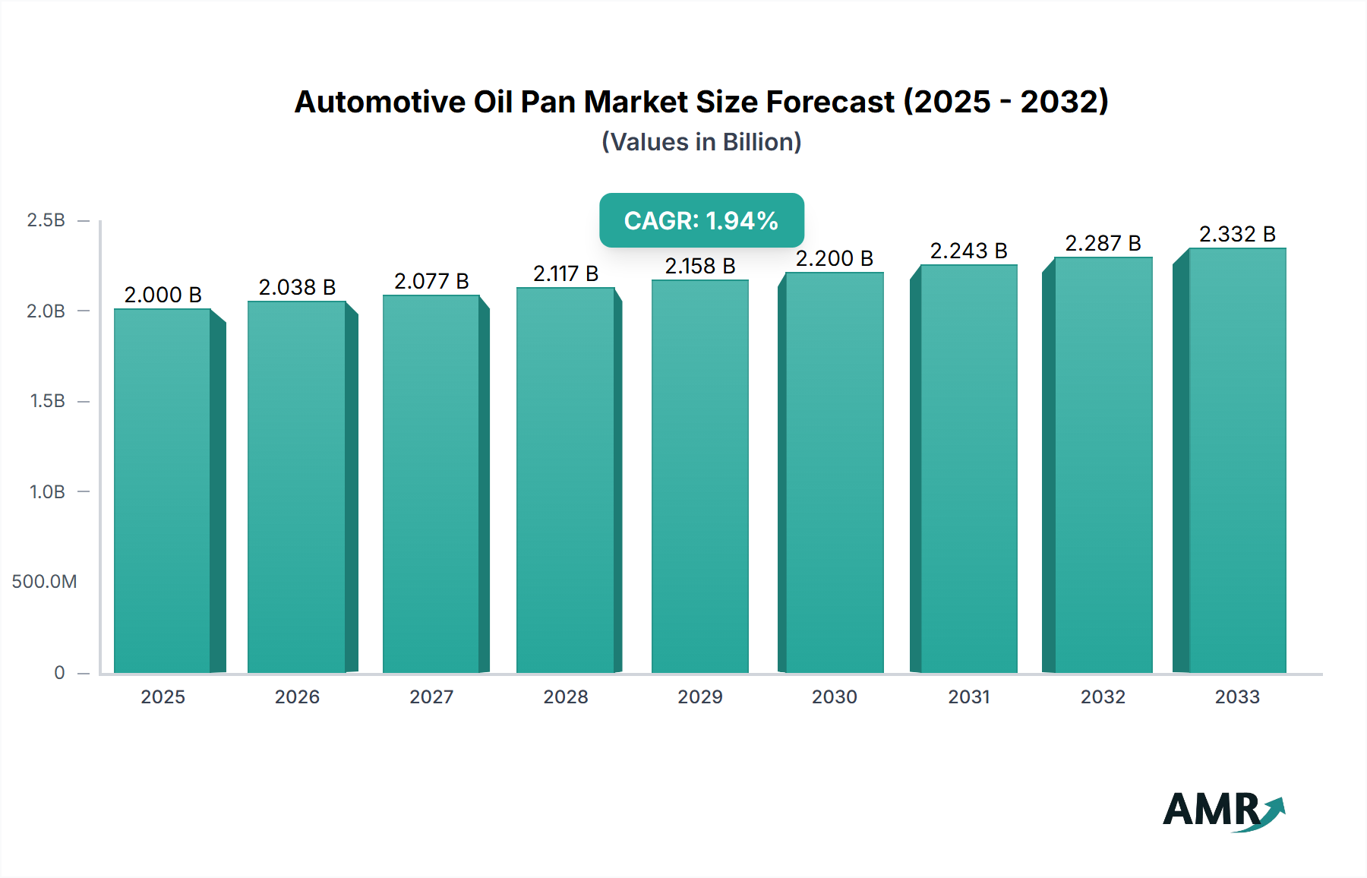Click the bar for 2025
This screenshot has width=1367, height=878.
[x=163, y=491]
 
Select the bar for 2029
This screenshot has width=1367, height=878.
[x=699, y=476]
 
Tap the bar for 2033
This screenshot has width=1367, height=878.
[x=1237, y=460]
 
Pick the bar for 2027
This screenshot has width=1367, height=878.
[x=431, y=484]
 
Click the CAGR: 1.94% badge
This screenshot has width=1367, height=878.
[x=701, y=220]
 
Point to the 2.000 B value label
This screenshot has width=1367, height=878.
[x=163, y=295]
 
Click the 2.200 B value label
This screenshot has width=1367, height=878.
[x=834, y=258]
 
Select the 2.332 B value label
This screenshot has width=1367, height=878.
[x=1237, y=234]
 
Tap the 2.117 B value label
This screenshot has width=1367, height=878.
[x=565, y=273]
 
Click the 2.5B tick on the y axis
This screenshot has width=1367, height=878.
[x=46, y=220]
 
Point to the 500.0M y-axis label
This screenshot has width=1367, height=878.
[x=44, y=582]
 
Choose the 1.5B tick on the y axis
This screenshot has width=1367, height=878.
[x=47, y=401]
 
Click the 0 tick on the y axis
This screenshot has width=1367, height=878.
[x=59, y=672]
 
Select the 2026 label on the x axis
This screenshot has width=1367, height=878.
[x=297, y=696]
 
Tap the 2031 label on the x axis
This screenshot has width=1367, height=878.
[x=968, y=696]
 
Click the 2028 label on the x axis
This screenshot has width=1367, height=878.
[x=565, y=696]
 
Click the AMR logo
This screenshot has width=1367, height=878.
[x=1223, y=810]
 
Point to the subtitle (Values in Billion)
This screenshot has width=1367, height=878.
[x=701, y=142]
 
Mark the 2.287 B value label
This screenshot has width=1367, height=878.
[x=1103, y=243]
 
